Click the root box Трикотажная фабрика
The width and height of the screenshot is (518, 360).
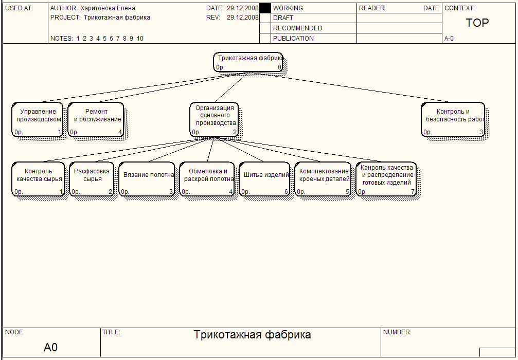249,62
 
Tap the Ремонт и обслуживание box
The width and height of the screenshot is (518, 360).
97,119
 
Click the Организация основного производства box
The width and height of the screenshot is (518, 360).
215,119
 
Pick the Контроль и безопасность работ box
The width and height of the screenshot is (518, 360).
453,119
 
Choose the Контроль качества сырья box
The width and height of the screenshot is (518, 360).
38,179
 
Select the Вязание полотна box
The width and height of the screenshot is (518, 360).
148,179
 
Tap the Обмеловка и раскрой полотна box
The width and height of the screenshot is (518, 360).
208,179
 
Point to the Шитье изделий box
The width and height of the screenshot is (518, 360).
265,179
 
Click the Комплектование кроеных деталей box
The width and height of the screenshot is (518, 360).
324,179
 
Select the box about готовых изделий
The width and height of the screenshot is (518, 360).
386,179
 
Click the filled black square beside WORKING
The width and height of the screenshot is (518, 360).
265,8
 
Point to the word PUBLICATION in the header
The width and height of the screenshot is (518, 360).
293,39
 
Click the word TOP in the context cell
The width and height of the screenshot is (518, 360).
477,23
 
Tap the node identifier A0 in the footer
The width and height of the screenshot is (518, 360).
51,348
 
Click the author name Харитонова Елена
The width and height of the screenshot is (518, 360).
108,8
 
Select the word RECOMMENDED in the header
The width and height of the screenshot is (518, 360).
297,28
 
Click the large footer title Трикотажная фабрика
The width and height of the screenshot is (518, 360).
252,335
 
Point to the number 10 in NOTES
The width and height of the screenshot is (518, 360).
140,39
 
